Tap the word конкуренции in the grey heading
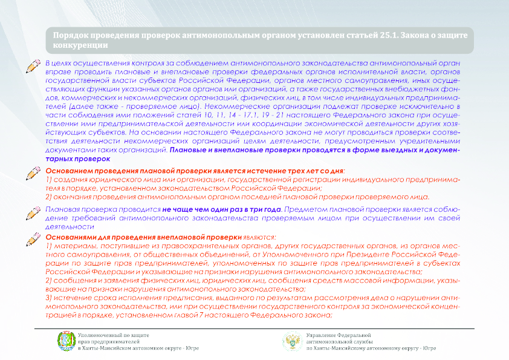(x=80, y=45)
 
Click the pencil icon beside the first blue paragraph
(x=33, y=67)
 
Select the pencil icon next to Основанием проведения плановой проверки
(x=33, y=172)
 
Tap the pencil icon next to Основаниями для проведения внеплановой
(x=33, y=239)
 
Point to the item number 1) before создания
(x=50, y=180)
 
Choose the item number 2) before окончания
(x=50, y=197)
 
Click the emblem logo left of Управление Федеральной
(x=292, y=342)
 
